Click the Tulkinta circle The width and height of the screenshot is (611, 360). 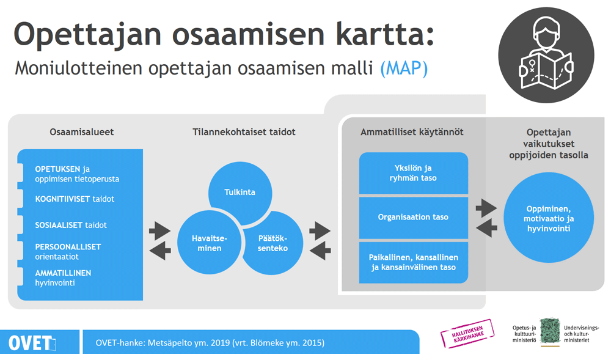(x=240, y=192)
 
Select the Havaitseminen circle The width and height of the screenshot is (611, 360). (x=209, y=242)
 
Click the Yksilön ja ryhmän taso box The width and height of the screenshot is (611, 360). (x=414, y=173)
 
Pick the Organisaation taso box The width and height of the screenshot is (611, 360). (x=414, y=218)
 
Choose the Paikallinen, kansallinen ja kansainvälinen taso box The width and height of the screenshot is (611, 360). (x=414, y=263)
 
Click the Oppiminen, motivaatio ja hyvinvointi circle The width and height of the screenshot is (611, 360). (x=549, y=218)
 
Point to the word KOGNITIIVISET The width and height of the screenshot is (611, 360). (x=62, y=199)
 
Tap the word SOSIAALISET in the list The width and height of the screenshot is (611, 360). (x=59, y=225)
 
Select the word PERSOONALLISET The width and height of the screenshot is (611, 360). (x=68, y=247)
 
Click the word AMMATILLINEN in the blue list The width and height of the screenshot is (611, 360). (x=63, y=273)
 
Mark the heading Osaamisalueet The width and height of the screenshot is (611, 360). (x=81, y=132)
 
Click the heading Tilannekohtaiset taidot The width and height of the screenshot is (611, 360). (x=244, y=132)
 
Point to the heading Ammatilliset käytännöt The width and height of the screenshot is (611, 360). (x=412, y=132)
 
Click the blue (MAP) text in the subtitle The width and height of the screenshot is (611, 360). (x=404, y=68)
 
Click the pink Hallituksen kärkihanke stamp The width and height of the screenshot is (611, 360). (x=467, y=333)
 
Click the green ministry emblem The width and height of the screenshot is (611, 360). (x=550, y=331)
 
